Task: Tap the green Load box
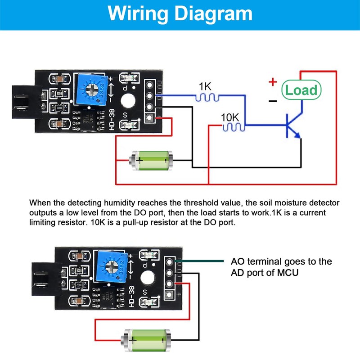301,90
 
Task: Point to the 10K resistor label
230,117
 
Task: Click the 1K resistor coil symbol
207,96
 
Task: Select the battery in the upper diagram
151,159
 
